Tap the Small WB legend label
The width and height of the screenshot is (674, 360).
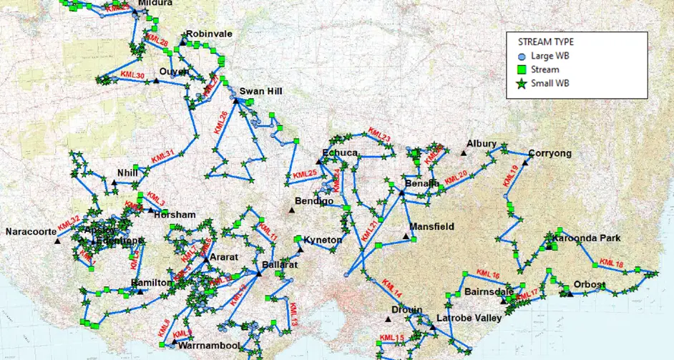point(549,83)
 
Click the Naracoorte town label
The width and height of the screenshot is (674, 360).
point(29,232)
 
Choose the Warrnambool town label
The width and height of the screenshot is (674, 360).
point(211,346)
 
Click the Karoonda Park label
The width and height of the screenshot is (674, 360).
point(590,238)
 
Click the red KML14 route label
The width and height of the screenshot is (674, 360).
point(392,288)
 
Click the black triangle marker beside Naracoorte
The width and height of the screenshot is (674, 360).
point(57,241)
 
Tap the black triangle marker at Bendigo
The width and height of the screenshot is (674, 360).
point(291,210)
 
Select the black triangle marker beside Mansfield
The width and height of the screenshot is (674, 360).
point(406,235)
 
